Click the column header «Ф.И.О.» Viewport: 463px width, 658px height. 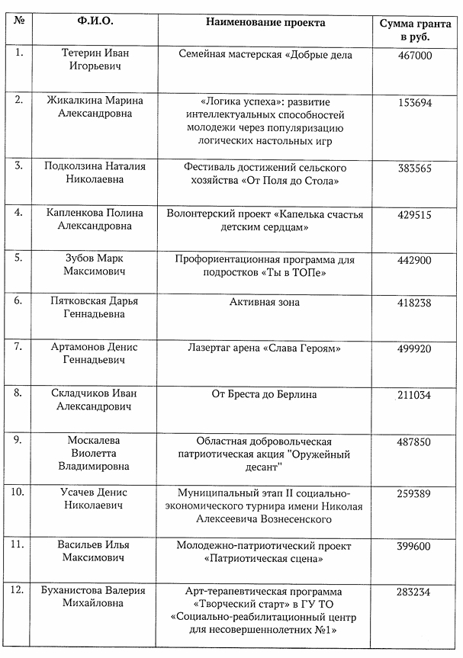pos(96,22)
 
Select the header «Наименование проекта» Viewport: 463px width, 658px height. pos(265,22)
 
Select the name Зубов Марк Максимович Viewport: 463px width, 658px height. pos(95,265)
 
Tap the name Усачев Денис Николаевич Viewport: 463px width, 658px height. pos(95,499)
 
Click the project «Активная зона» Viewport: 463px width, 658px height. pos(265,303)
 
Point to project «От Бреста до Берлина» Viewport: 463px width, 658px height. pos(265,394)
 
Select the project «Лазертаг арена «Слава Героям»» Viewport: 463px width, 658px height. pos(265,348)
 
